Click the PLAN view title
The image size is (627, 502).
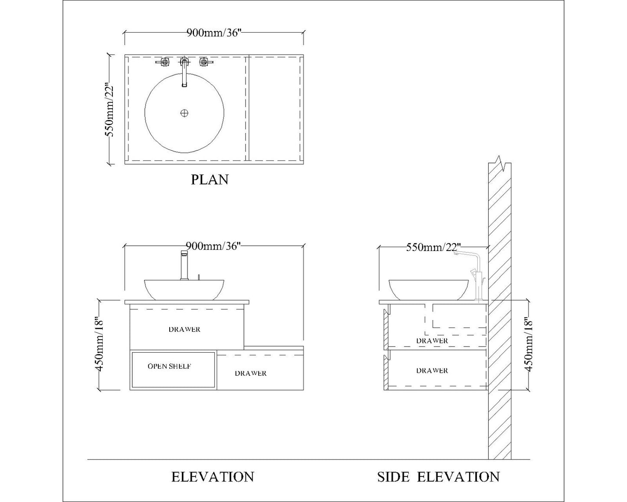pos(210,179)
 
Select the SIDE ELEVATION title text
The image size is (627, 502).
pos(438,476)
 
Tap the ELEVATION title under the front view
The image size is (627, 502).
pos(213,476)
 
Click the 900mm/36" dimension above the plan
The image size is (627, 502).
pos(213,33)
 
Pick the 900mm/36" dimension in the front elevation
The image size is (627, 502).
pos(213,246)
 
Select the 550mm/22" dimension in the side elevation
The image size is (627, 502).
pos(433,247)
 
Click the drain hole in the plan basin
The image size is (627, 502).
pos(184,113)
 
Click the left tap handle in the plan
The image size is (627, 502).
pos(164,62)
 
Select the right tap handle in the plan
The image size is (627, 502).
pos(204,62)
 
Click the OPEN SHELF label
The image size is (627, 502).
pos(169,366)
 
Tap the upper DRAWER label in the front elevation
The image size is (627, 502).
pos(184,329)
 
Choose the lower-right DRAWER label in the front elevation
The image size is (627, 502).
pos(251,373)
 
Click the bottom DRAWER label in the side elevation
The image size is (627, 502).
pos(432,370)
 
